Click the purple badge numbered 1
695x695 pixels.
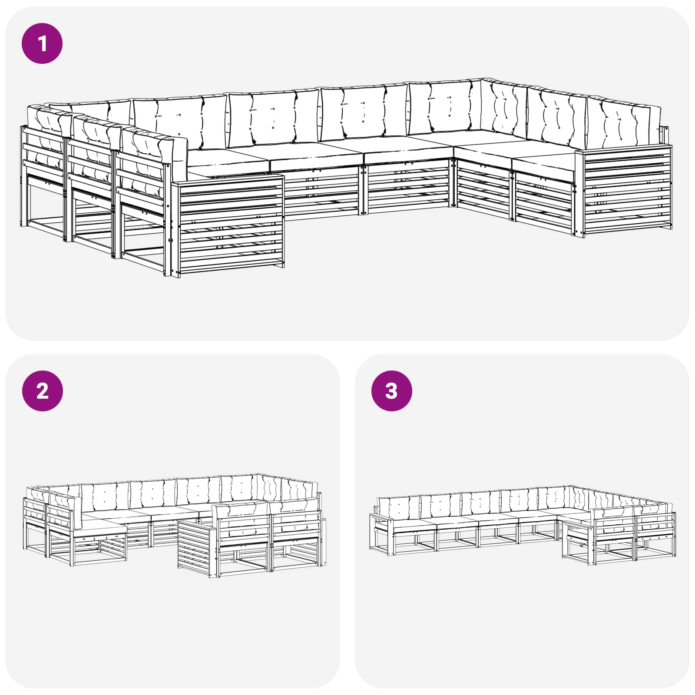42,43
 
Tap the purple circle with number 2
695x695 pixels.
42,391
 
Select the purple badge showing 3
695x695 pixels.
391,391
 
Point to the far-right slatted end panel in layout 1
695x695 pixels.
624,191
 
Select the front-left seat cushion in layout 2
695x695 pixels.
102,530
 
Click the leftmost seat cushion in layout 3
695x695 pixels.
413,524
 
